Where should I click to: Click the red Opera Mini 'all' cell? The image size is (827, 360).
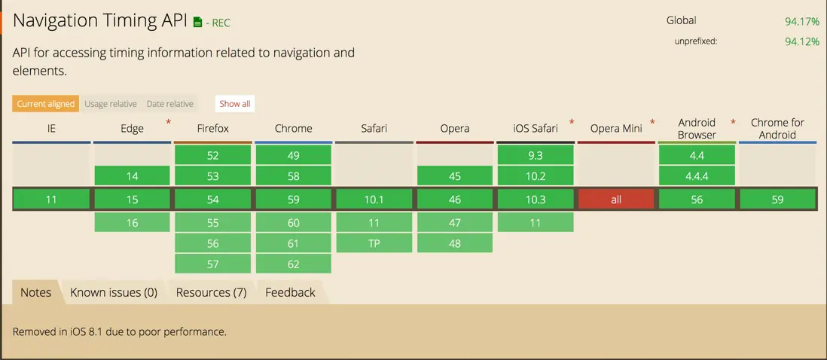[616, 200]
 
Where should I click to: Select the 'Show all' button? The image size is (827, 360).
[235, 104]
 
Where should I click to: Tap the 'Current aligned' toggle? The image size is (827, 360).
[46, 104]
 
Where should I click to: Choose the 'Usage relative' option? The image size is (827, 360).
[111, 104]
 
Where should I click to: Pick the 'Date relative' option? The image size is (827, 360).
[169, 104]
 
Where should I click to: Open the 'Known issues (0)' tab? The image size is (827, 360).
[114, 292]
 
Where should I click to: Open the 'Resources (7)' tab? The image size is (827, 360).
[212, 292]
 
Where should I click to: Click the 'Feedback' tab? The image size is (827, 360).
[290, 292]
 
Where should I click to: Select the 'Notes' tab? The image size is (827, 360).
[36, 292]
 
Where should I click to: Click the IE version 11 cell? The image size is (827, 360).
[51, 200]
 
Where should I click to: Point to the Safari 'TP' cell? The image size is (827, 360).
[374, 243]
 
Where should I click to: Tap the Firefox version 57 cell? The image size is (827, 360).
[212, 264]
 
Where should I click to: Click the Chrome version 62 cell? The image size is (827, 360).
[294, 264]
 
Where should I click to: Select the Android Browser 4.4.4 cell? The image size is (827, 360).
[697, 176]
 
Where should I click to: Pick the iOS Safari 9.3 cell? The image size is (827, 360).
[536, 155]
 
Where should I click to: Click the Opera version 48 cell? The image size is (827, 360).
[455, 243]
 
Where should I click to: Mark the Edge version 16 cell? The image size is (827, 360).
[132, 223]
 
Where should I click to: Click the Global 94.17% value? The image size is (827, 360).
[801, 22]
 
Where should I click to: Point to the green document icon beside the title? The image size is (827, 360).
[198, 22]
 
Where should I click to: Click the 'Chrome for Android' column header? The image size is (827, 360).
[777, 129]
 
